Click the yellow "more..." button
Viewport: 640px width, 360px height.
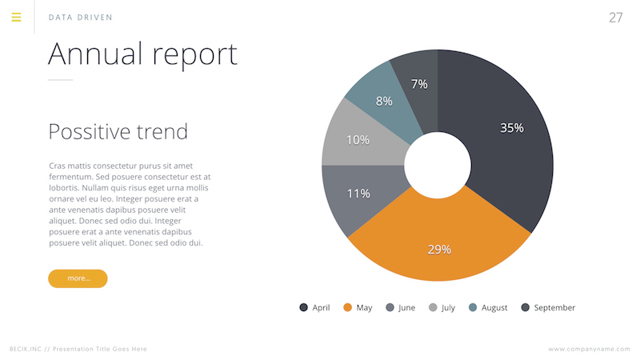coord(78,278)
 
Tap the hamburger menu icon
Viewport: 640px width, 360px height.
coord(16,17)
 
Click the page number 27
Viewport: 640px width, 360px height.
coord(615,18)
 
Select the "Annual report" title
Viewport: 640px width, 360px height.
coord(142,54)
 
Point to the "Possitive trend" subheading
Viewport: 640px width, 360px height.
coord(118,131)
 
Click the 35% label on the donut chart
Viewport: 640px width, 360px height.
coord(511,127)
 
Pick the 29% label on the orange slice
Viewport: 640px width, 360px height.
coord(438,249)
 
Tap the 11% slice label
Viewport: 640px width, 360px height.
coord(358,193)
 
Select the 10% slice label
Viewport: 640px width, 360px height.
coord(358,140)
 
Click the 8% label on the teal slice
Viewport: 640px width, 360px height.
coord(384,101)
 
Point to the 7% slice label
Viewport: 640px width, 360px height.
coord(419,83)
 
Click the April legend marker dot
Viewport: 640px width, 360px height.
coord(303,308)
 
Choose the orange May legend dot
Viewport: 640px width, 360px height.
coord(347,308)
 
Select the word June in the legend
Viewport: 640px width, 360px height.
coord(406,308)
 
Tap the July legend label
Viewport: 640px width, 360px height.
coord(448,308)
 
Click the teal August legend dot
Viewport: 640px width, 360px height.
coord(473,308)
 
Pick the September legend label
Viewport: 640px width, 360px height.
coord(554,308)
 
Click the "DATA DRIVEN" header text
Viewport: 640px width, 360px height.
coord(80,18)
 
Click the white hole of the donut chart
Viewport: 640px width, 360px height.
coord(438,166)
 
